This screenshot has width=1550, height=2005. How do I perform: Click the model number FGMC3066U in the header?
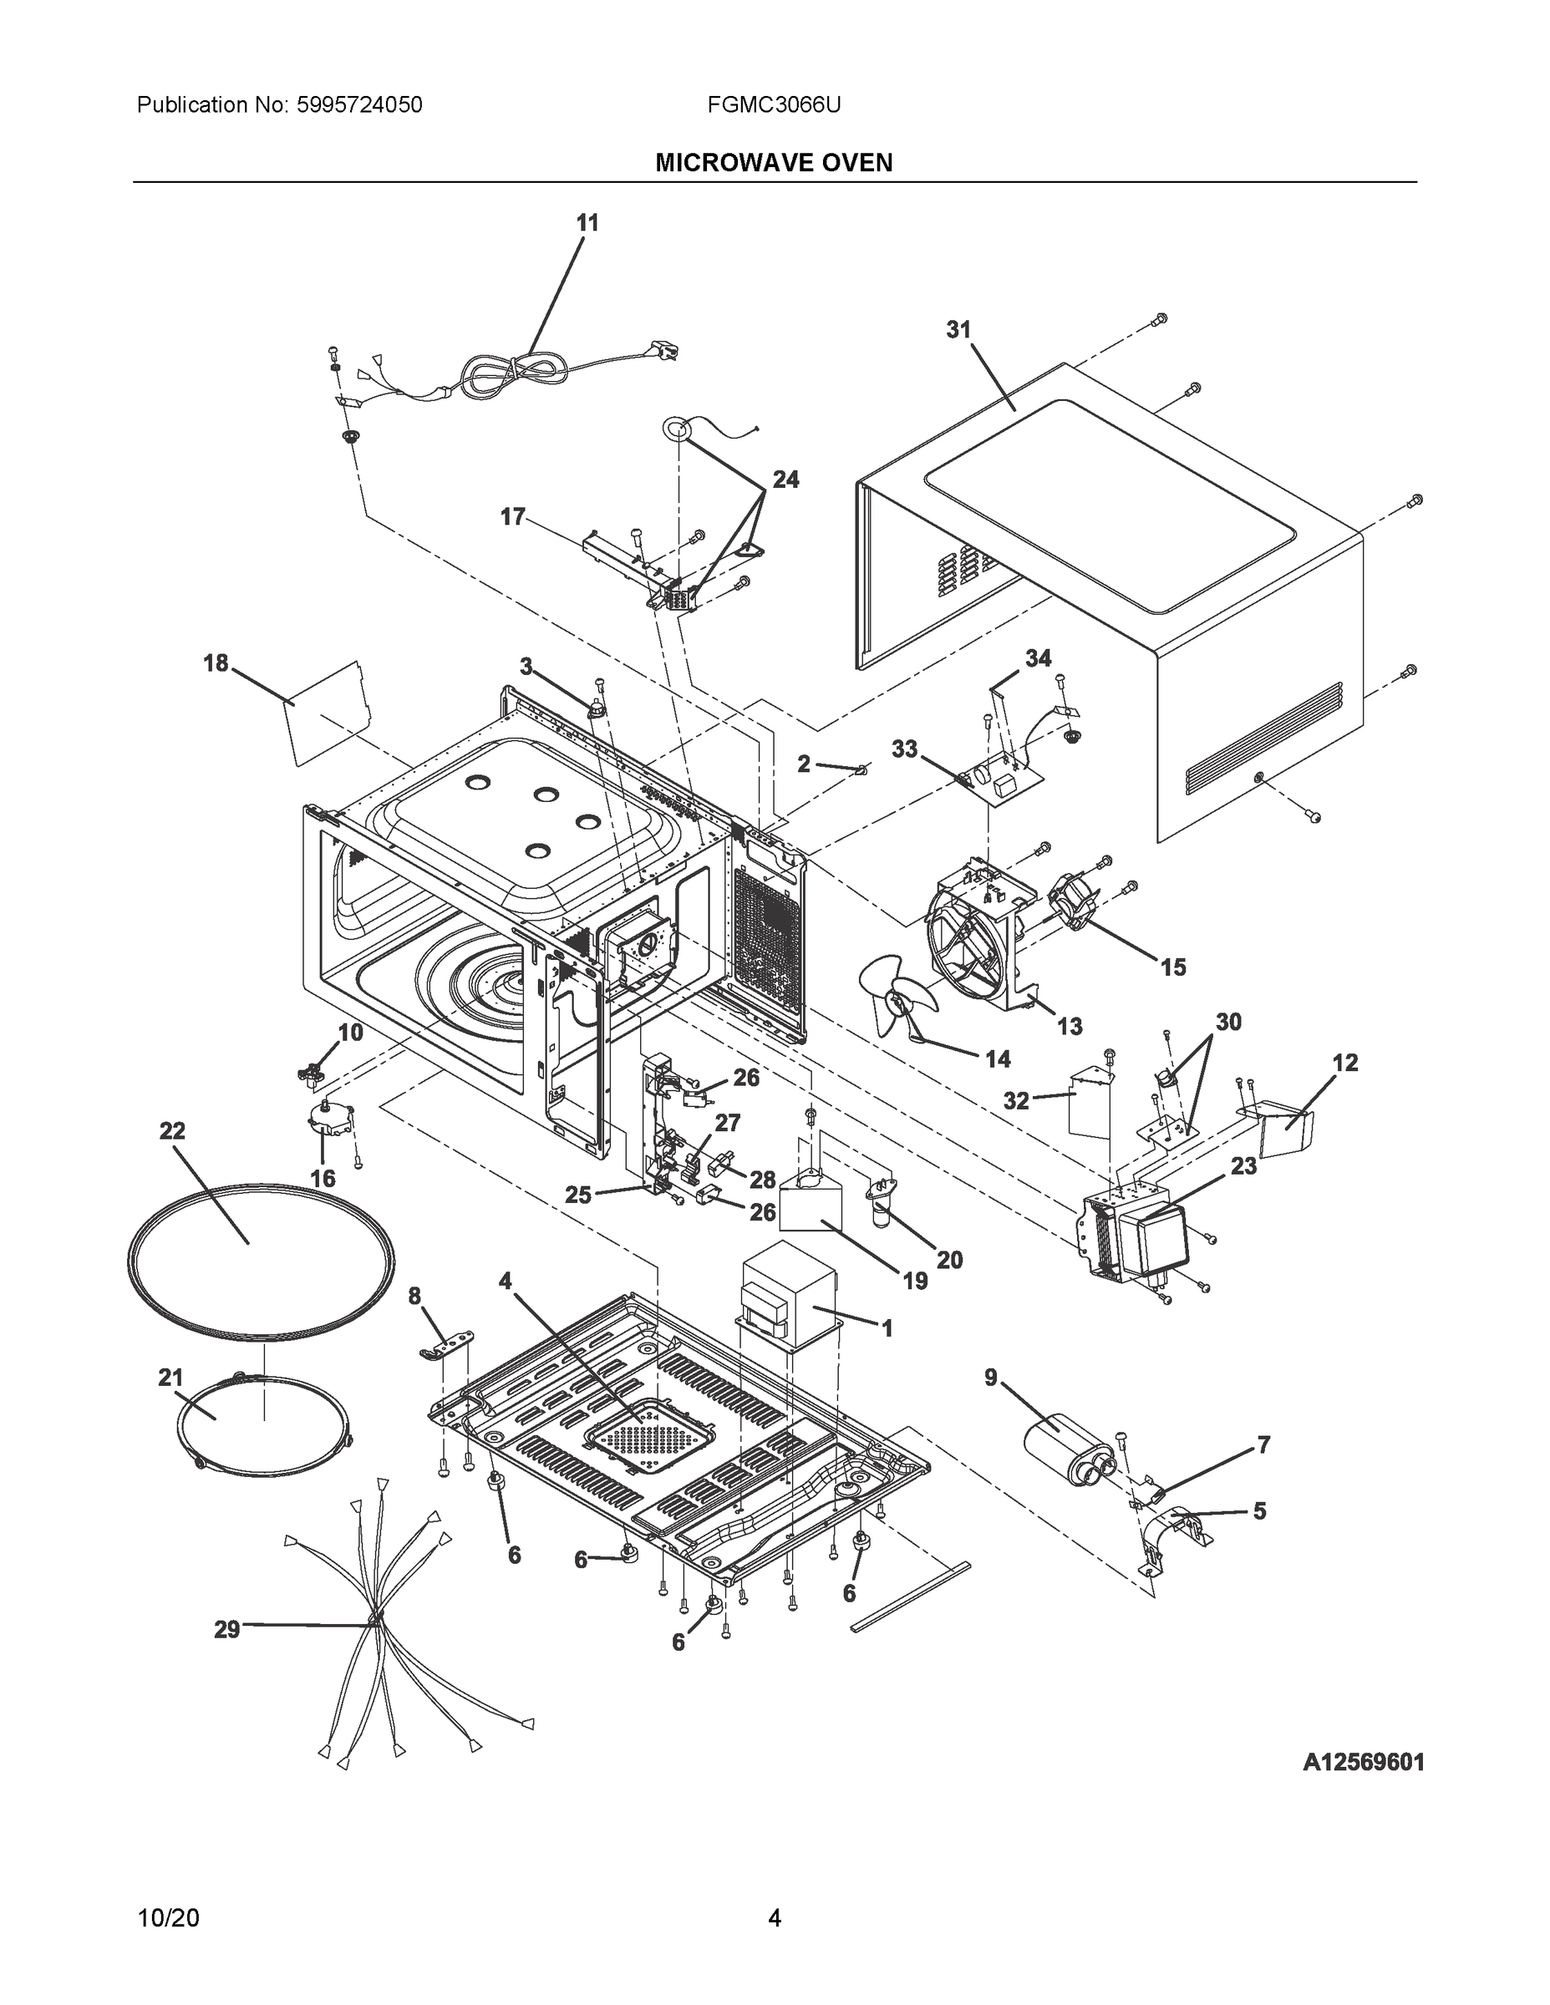(773, 105)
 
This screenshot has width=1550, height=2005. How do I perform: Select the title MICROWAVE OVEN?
(773, 164)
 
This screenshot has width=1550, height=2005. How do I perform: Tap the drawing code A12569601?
(1363, 1762)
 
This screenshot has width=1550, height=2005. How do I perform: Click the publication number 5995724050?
(359, 105)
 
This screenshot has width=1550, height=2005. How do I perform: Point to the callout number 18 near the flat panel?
(216, 662)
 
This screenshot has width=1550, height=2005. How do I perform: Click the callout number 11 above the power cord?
(587, 223)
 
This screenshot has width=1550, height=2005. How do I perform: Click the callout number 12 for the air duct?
(1345, 1062)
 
